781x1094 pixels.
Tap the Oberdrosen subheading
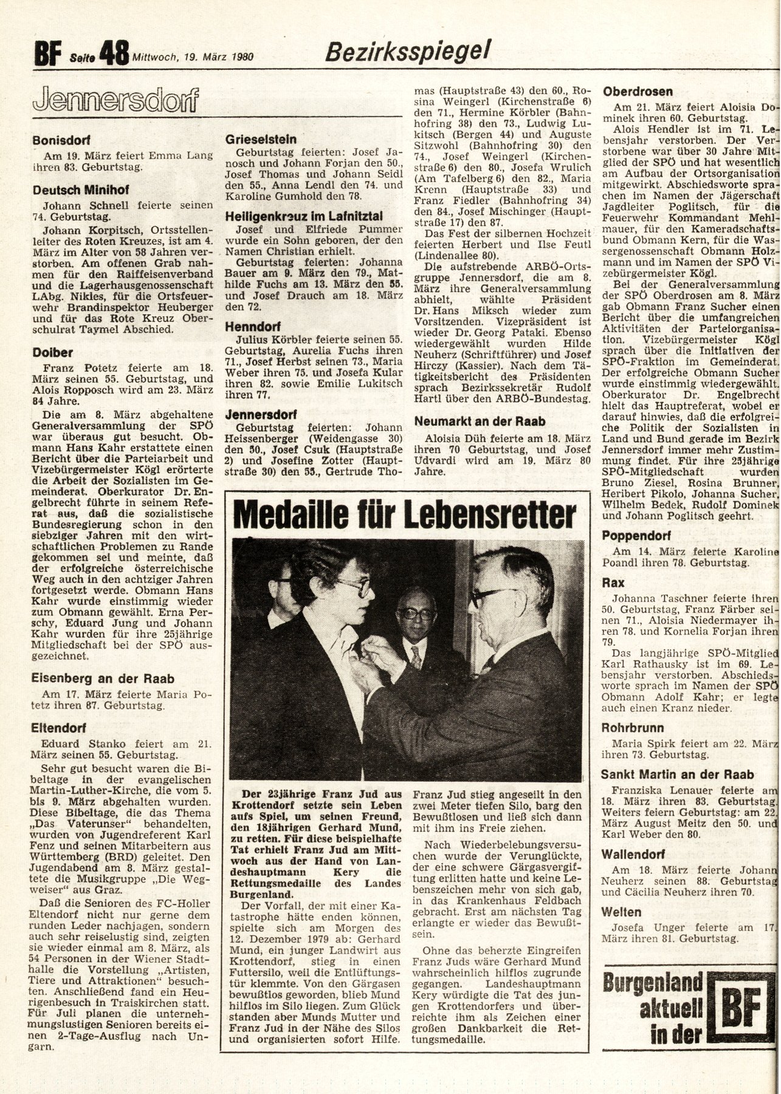coord(638,92)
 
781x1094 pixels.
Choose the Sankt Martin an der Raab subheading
coord(677,774)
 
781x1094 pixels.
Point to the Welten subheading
coord(621,912)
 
